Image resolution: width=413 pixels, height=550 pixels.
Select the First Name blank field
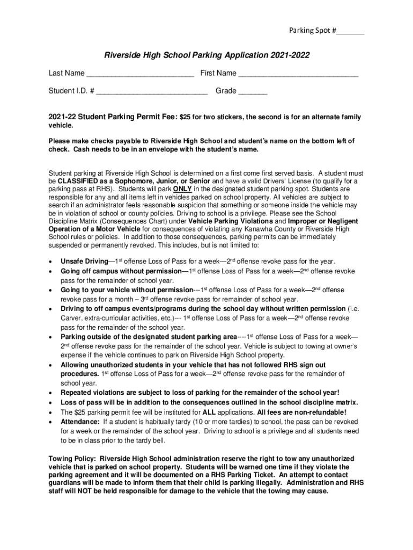click(298, 74)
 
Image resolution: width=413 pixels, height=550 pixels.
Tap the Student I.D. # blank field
click(152, 91)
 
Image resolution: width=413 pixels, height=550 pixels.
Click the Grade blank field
click(253, 91)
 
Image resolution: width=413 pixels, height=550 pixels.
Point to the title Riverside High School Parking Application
click(206, 55)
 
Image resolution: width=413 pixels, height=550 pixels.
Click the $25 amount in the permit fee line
click(185, 117)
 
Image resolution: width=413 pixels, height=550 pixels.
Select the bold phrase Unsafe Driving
click(84, 262)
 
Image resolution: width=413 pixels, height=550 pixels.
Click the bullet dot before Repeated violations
click(50, 393)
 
